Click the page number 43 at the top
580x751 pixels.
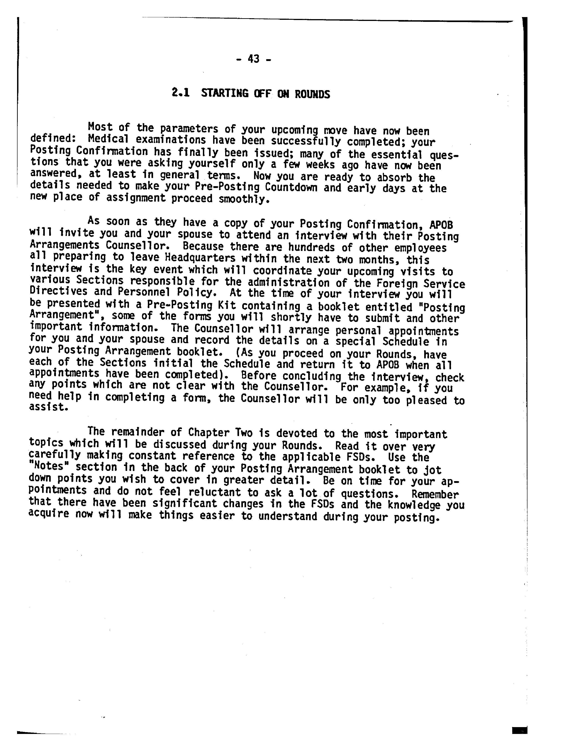tap(254, 59)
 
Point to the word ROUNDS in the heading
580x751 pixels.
tap(312, 94)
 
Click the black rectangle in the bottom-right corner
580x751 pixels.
tap(519, 730)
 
